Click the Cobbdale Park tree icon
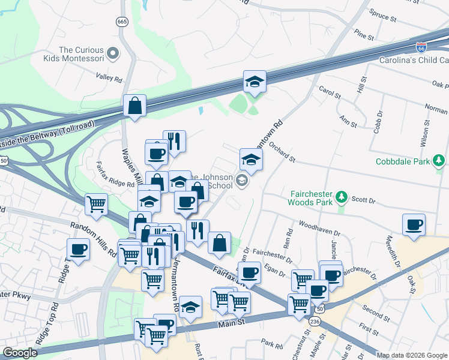pos(440,160)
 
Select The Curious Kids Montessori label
pos(82,54)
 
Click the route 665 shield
pos(122,22)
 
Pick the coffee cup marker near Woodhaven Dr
pos(414,225)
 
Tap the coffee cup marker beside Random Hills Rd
pos(78,249)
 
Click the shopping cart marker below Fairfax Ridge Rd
pos(96,205)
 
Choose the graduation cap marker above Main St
pos(190,307)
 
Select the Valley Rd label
pos(109,78)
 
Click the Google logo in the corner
pos(20,353)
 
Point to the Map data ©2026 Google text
pos(412,355)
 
